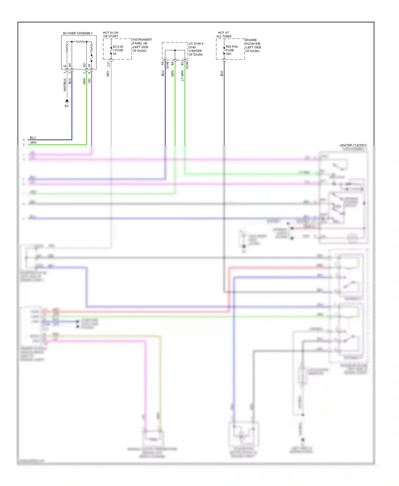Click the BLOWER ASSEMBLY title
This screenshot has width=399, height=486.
coord(78,33)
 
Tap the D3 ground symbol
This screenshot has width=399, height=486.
coord(67,101)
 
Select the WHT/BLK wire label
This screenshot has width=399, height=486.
coord(65,85)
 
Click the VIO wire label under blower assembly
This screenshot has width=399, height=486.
coord(89,81)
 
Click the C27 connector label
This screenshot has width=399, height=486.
coord(108,64)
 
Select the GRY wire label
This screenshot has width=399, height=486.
coord(108,74)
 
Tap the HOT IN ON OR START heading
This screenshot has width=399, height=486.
coord(111,35)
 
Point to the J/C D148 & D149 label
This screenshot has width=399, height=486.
coord(196,49)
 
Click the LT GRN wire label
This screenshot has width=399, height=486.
coord(182,76)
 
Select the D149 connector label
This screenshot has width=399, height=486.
coord(187,65)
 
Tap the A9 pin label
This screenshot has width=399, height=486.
coord(163,63)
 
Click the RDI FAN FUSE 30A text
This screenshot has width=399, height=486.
coord(231,50)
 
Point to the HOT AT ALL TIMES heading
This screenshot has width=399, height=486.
coord(224,35)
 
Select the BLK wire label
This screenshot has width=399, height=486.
coord(222,73)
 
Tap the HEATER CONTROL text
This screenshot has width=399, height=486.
coord(353,145)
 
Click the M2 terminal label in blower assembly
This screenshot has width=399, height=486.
coord(84,65)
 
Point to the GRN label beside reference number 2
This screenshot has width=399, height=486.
coord(33,143)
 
